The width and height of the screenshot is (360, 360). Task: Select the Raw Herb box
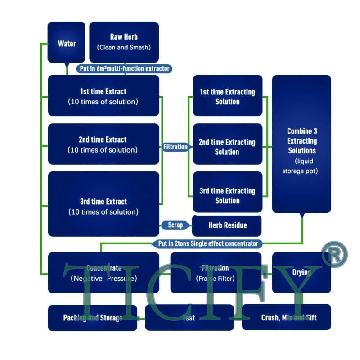click(124, 42)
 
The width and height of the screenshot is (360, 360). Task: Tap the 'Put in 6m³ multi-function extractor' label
click(124, 68)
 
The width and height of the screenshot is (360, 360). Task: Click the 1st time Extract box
click(103, 95)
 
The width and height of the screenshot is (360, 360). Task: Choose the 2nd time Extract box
click(103, 144)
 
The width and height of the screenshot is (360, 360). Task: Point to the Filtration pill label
click(175, 147)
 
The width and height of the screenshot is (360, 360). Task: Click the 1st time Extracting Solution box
click(227, 96)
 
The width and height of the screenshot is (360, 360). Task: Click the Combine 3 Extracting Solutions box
click(301, 144)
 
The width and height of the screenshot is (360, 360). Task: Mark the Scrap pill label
click(175, 225)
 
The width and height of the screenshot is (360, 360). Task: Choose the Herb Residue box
click(227, 225)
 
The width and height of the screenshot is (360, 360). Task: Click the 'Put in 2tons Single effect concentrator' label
click(208, 243)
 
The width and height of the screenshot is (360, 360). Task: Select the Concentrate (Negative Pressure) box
click(103, 273)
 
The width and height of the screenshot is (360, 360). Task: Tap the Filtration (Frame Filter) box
click(216, 273)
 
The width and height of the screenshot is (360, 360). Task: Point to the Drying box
click(301, 273)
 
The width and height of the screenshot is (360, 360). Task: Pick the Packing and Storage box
click(93, 318)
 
